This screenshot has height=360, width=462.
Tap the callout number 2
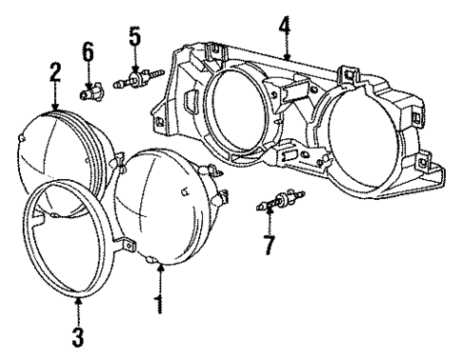pyautogui.click(x=55, y=72)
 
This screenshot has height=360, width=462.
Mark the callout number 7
pyautogui.click(x=270, y=245)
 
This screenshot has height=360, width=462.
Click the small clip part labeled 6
pyautogui.click(x=91, y=93)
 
